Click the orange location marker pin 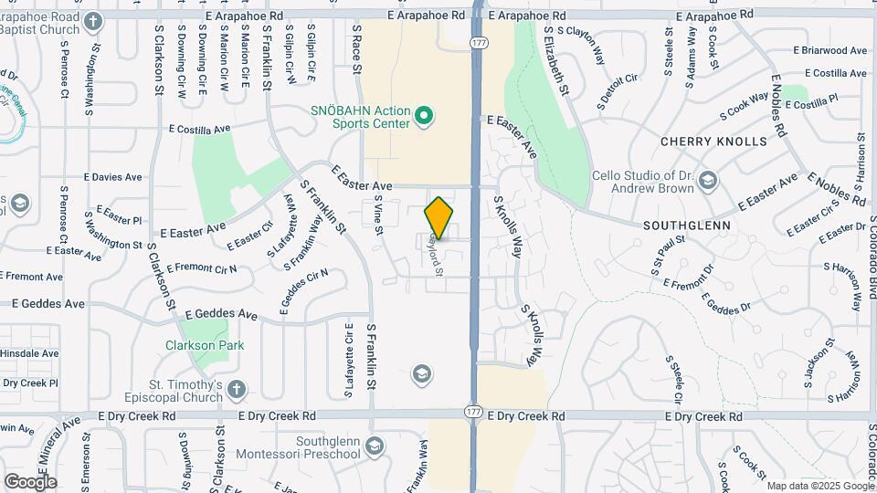point(439,216)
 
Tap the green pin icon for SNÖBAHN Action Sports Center point(423,117)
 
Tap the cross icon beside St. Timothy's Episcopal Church point(237,390)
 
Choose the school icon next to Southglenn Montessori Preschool point(374,446)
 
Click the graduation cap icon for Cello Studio point(707,183)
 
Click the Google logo point(30,481)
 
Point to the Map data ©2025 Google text point(820,486)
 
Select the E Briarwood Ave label point(829,50)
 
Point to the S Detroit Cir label point(618,92)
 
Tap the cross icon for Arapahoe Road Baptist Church point(92,20)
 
